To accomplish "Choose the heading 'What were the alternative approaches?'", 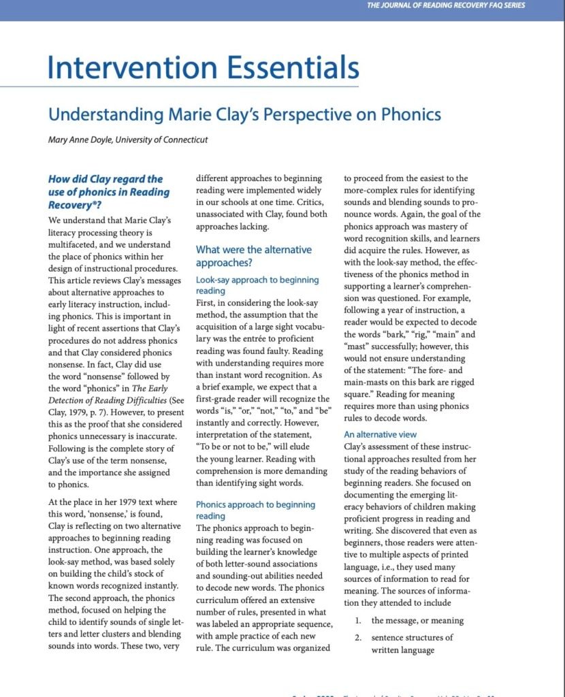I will pos(253,256).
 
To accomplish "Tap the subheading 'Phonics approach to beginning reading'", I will pos(255,510).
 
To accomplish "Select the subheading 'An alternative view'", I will pos(380,434).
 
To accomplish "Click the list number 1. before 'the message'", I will pos(358,621).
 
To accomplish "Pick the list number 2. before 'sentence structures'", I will pos(358,638).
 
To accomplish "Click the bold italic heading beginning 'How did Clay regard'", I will pos(109,191).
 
